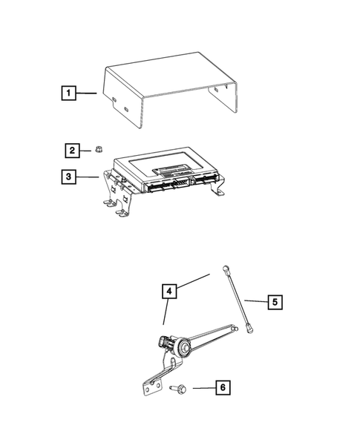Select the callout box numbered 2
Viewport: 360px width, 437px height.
click(x=71, y=151)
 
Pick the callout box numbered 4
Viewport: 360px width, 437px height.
click(x=170, y=292)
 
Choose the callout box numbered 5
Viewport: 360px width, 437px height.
click(x=275, y=302)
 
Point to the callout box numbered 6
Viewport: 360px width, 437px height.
click(x=220, y=387)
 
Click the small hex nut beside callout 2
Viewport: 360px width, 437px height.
click(x=98, y=151)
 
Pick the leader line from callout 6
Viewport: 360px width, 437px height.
click(x=201, y=387)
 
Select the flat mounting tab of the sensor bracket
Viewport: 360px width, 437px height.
click(x=153, y=388)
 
